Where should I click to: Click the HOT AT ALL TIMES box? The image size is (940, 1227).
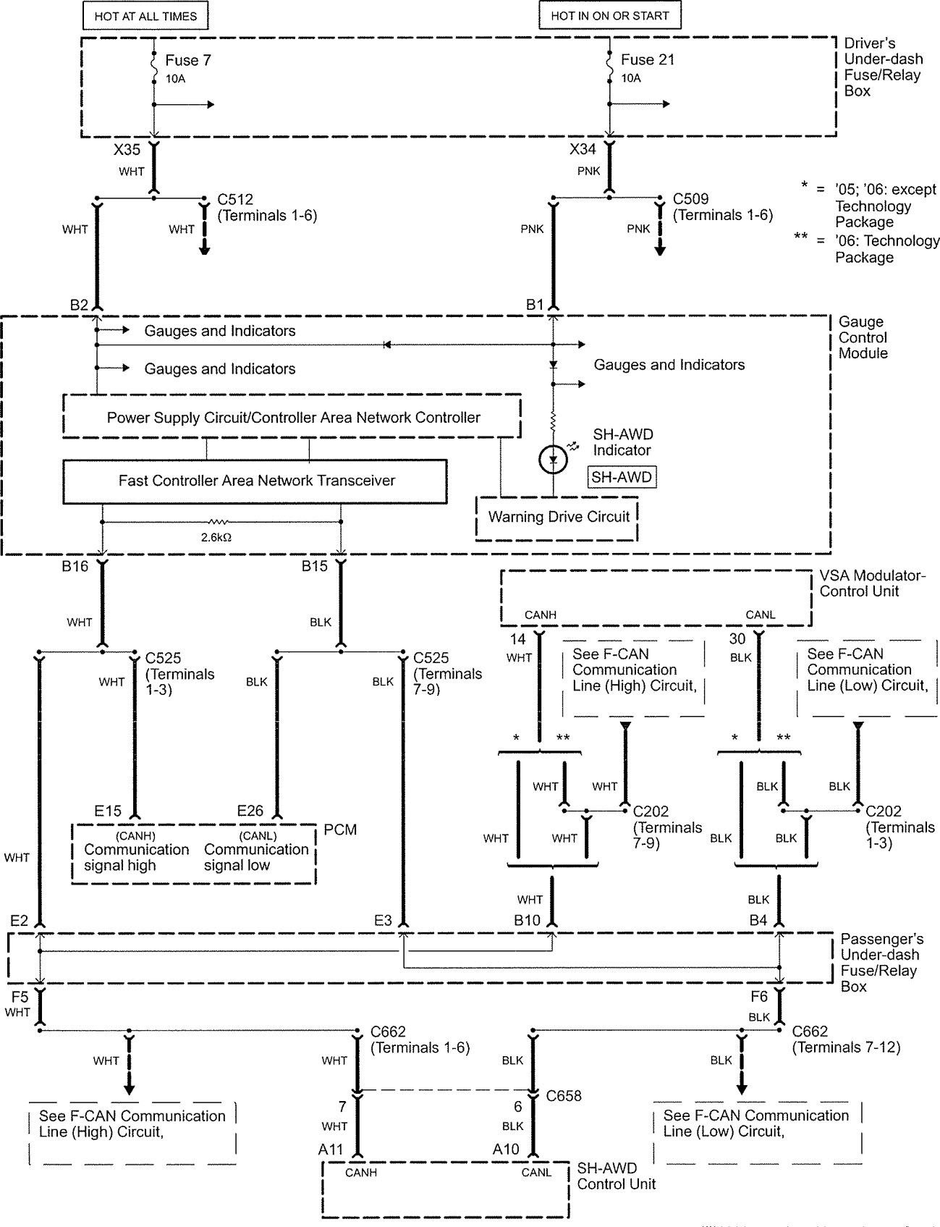(145, 15)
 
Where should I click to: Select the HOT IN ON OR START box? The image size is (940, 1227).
(609, 15)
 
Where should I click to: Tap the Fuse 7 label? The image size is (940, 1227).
(188, 60)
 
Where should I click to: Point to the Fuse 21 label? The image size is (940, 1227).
(648, 60)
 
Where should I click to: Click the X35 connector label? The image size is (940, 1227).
(127, 151)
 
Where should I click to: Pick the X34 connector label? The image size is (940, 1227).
(583, 151)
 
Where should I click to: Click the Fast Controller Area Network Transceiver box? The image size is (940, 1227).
(256, 481)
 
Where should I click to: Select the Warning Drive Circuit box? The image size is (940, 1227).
(558, 517)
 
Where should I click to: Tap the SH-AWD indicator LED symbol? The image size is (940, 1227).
(554, 460)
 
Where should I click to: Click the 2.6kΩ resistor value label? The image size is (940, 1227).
(216, 537)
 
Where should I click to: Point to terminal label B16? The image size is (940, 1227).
(75, 567)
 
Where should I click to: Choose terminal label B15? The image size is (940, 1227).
(315, 567)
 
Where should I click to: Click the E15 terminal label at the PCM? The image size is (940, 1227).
(108, 811)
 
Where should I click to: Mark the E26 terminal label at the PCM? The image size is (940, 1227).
(250, 811)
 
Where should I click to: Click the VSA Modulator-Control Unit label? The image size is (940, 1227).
(872, 583)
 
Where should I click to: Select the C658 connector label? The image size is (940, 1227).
(564, 1096)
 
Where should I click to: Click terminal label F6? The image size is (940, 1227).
(758, 997)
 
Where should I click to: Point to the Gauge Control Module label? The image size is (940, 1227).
(863, 337)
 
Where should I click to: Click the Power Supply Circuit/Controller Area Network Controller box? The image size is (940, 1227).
(293, 418)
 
